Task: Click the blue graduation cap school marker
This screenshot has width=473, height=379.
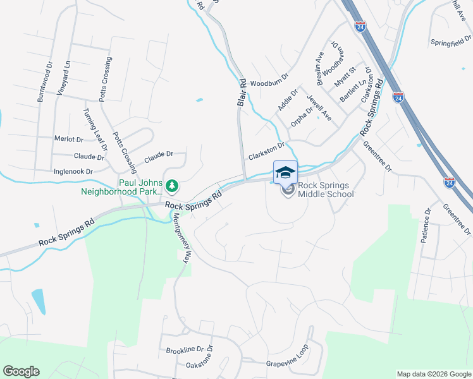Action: (285, 172)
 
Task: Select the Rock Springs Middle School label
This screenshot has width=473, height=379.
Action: (326, 189)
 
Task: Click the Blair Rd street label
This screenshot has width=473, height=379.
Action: (241, 92)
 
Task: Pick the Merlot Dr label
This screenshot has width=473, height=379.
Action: (69, 139)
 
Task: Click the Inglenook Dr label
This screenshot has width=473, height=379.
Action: (73, 171)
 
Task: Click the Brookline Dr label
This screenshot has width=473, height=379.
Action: (183, 349)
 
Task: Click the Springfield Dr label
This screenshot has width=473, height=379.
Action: (451, 42)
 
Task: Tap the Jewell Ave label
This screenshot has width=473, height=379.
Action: (319, 107)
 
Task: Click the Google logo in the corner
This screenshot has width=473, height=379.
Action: (21, 371)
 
